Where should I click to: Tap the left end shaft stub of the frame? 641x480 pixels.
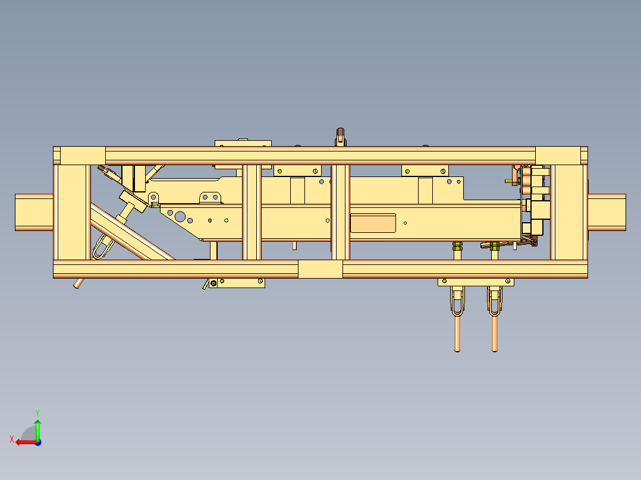(34, 212)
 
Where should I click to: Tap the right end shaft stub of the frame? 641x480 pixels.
(607, 212)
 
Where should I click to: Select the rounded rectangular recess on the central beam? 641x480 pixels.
(373, 223)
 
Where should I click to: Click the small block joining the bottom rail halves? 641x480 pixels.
(320, 269)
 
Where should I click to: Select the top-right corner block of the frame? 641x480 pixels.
(558, 156)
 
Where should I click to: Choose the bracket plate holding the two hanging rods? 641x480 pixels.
(476, 282)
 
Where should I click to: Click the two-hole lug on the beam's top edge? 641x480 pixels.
(210, 197)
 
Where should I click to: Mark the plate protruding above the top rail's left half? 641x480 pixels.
(243, 144)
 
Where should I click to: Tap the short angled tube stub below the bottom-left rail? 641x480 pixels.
(78, 283)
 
